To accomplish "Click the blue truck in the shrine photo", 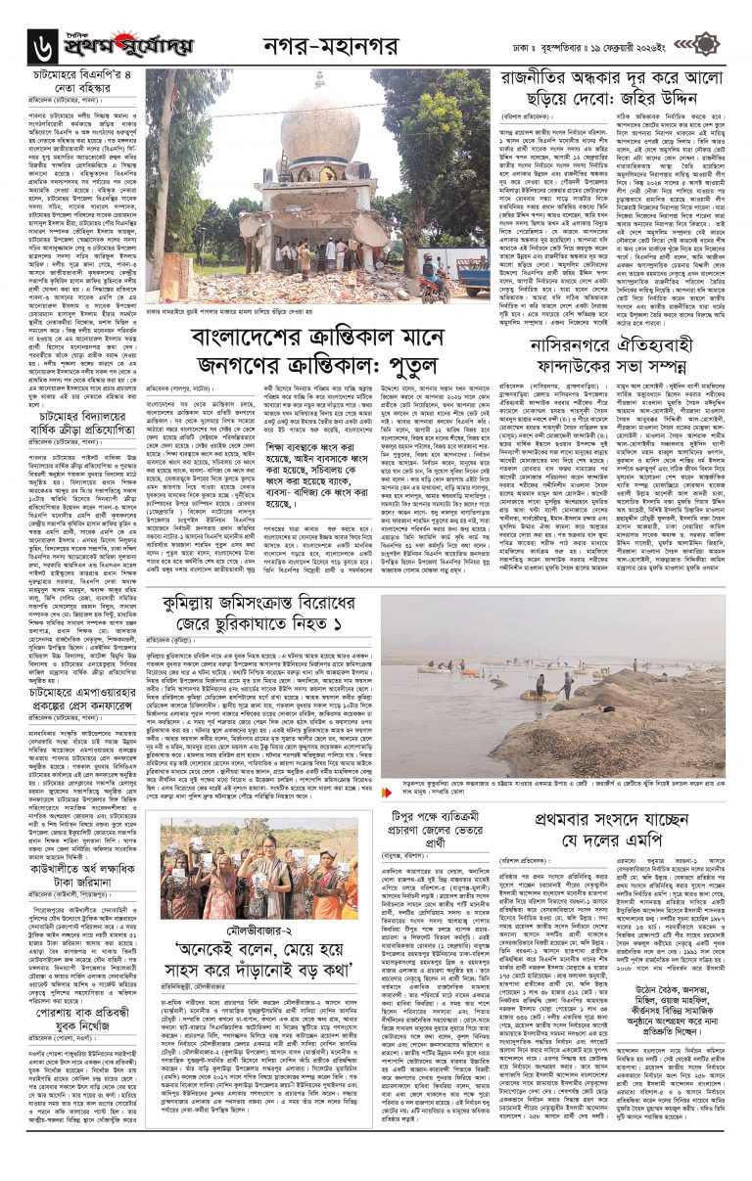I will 472,276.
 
